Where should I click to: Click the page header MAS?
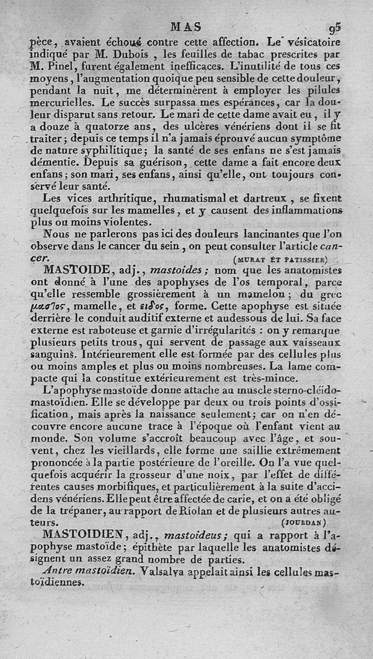coord(186,27)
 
